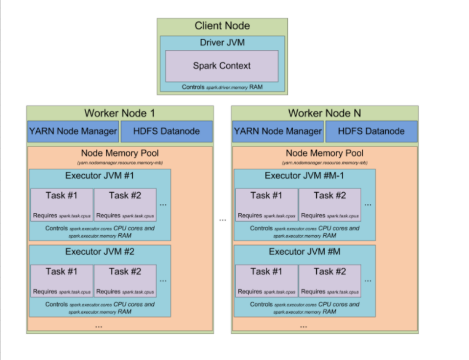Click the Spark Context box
(222, 66)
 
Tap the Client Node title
(222, 26)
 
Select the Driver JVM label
(222, 43)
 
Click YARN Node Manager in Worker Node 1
(73, 131)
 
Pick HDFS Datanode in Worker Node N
(371, 131)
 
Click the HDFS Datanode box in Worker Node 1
(166, 131)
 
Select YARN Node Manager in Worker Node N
(278, 131)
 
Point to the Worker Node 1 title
(119, 113)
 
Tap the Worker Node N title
(325, 113)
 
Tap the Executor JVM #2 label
(100, 252)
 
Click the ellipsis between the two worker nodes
(223, 220)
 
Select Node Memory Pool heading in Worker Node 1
(120, 153)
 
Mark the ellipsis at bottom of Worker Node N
(304, 326)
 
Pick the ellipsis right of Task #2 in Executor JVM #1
(163, 204)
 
